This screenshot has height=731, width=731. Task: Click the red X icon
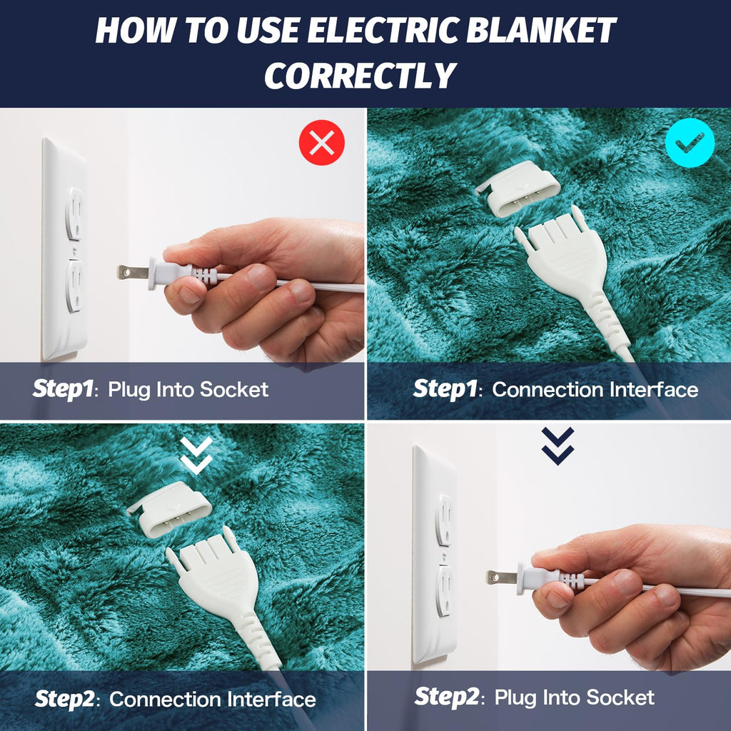click(321, 143)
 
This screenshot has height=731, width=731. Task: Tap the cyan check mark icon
click(689, 143)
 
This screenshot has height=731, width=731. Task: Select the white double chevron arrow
click(196, 455)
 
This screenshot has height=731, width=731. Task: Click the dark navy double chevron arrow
click(558, 445)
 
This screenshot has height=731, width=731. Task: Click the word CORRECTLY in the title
click(360, 76)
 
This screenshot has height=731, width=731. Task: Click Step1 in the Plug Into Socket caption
click(64, 389)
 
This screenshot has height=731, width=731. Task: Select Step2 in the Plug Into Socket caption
click(445, 696)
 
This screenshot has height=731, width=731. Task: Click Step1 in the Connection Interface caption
click(444, 389)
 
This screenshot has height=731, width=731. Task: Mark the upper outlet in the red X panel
click(74, 213)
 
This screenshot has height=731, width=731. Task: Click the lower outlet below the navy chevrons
click(443, 589)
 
